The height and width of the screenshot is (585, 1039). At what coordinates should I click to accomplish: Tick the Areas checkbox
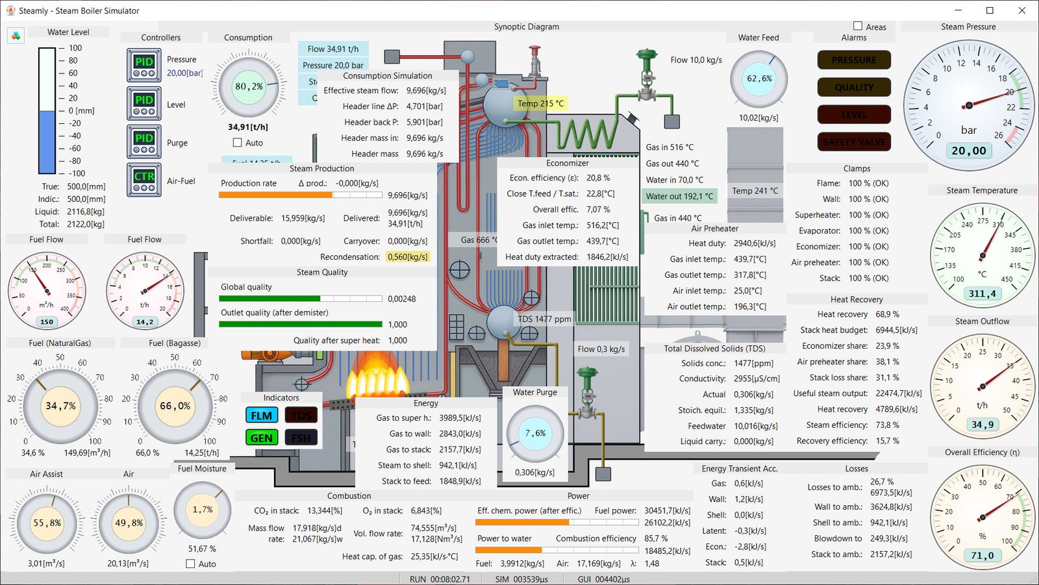click(858, 27)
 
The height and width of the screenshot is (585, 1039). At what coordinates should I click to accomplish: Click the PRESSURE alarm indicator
click(854, 60)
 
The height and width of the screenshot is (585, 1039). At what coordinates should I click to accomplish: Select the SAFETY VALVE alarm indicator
click(854, 142)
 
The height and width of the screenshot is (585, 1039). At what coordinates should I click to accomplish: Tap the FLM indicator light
click(262, 416)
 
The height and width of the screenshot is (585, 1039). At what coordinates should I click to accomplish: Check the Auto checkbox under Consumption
click(238, 143)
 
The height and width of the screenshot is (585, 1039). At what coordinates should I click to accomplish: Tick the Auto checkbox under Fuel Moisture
click(191, 564)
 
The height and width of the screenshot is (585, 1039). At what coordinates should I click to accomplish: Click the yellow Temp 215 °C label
click(540, 103)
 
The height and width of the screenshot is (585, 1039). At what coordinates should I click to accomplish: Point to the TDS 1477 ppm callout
click(544, 319)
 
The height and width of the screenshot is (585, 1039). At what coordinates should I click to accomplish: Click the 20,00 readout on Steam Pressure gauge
click(968, 151)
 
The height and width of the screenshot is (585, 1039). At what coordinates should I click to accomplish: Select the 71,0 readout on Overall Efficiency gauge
click(982, 556)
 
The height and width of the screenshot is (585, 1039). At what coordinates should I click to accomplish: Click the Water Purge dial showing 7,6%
click(535, 433)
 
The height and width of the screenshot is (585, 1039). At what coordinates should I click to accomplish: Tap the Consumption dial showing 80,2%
click(249, 86)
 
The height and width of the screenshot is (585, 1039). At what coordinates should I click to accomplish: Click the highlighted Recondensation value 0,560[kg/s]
click(408, 257)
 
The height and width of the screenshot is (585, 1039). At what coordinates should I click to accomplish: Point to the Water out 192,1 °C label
click(679, 196)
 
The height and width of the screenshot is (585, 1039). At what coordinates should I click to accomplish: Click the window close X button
click(1021, 10)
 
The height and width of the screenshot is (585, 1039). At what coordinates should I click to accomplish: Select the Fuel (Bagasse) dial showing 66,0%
click(175, 406)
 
